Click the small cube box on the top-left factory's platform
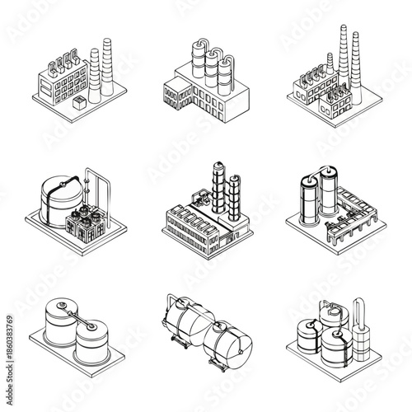(79, 101)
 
